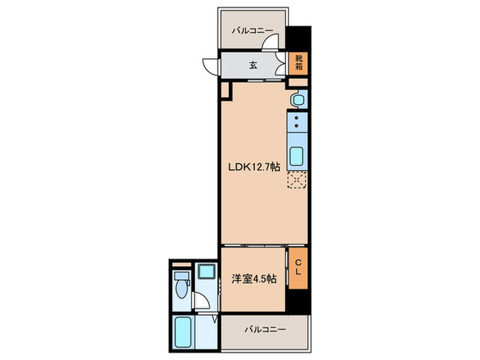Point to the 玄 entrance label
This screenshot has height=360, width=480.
[253, 66]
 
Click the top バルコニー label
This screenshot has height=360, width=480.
[252, 31]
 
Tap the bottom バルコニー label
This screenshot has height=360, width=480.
[265, 330]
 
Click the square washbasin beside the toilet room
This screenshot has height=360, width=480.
[204, 272]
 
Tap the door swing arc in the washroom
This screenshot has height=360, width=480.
[201, 300]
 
